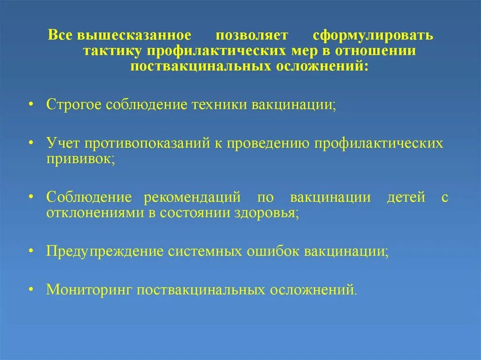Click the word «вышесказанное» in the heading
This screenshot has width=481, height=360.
[x=135, y=36]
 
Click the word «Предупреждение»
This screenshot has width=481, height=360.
[x=104, y=251]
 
